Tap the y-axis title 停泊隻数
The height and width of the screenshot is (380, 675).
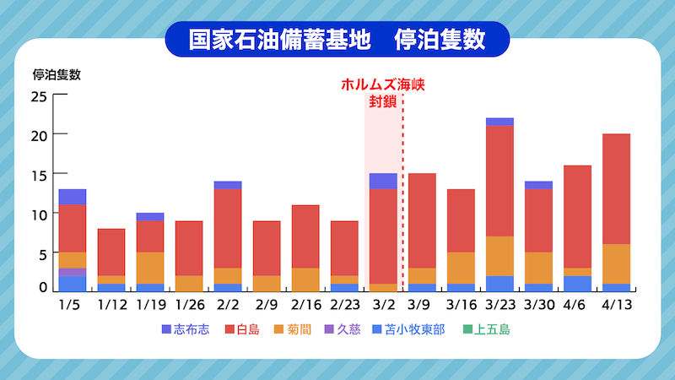57,73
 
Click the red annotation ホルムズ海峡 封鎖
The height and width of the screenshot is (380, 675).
381,94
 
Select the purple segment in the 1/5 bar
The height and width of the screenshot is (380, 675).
72,272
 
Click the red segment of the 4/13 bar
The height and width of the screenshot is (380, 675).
616,189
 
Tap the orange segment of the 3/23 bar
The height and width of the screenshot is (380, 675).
499,256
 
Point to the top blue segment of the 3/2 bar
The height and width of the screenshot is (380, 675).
383,181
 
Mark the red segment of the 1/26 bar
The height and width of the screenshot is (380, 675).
189,248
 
